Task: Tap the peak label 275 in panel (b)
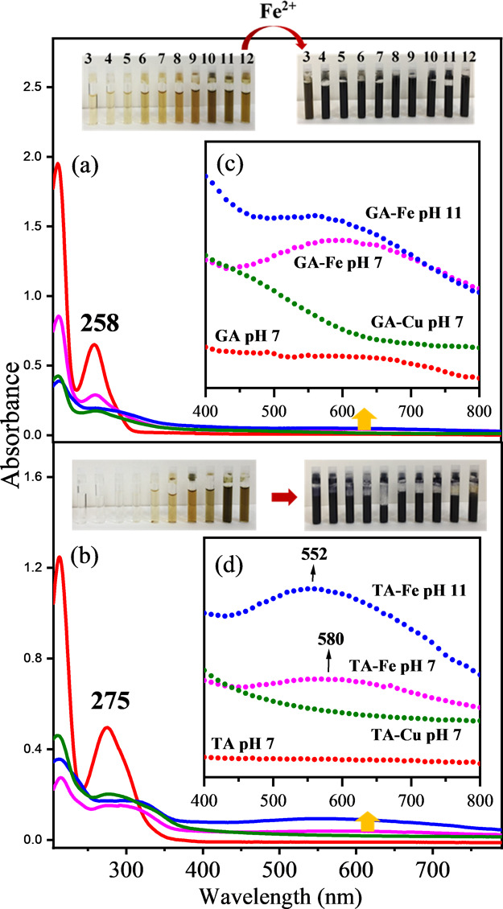(116, 710)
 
